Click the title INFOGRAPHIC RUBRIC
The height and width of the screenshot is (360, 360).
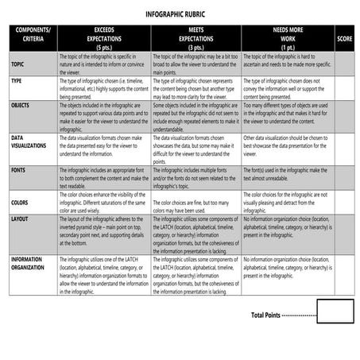point(180,14)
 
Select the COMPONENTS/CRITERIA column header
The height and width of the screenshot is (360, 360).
point(33,35)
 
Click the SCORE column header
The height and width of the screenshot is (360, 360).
point(344,38)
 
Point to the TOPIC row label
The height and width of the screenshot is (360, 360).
point(18,64)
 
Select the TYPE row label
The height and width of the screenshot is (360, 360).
point(17,80)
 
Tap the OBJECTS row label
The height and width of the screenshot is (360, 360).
point(21,104)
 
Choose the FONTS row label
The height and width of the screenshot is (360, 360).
point(18,171)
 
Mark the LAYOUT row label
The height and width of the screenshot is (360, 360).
point(21,219)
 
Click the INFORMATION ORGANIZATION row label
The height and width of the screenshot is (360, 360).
point(33,264)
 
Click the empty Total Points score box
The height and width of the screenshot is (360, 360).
point(335,312)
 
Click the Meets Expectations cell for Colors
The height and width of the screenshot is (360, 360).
point(195,201)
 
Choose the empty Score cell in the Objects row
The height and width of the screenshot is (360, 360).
point(344,116)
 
